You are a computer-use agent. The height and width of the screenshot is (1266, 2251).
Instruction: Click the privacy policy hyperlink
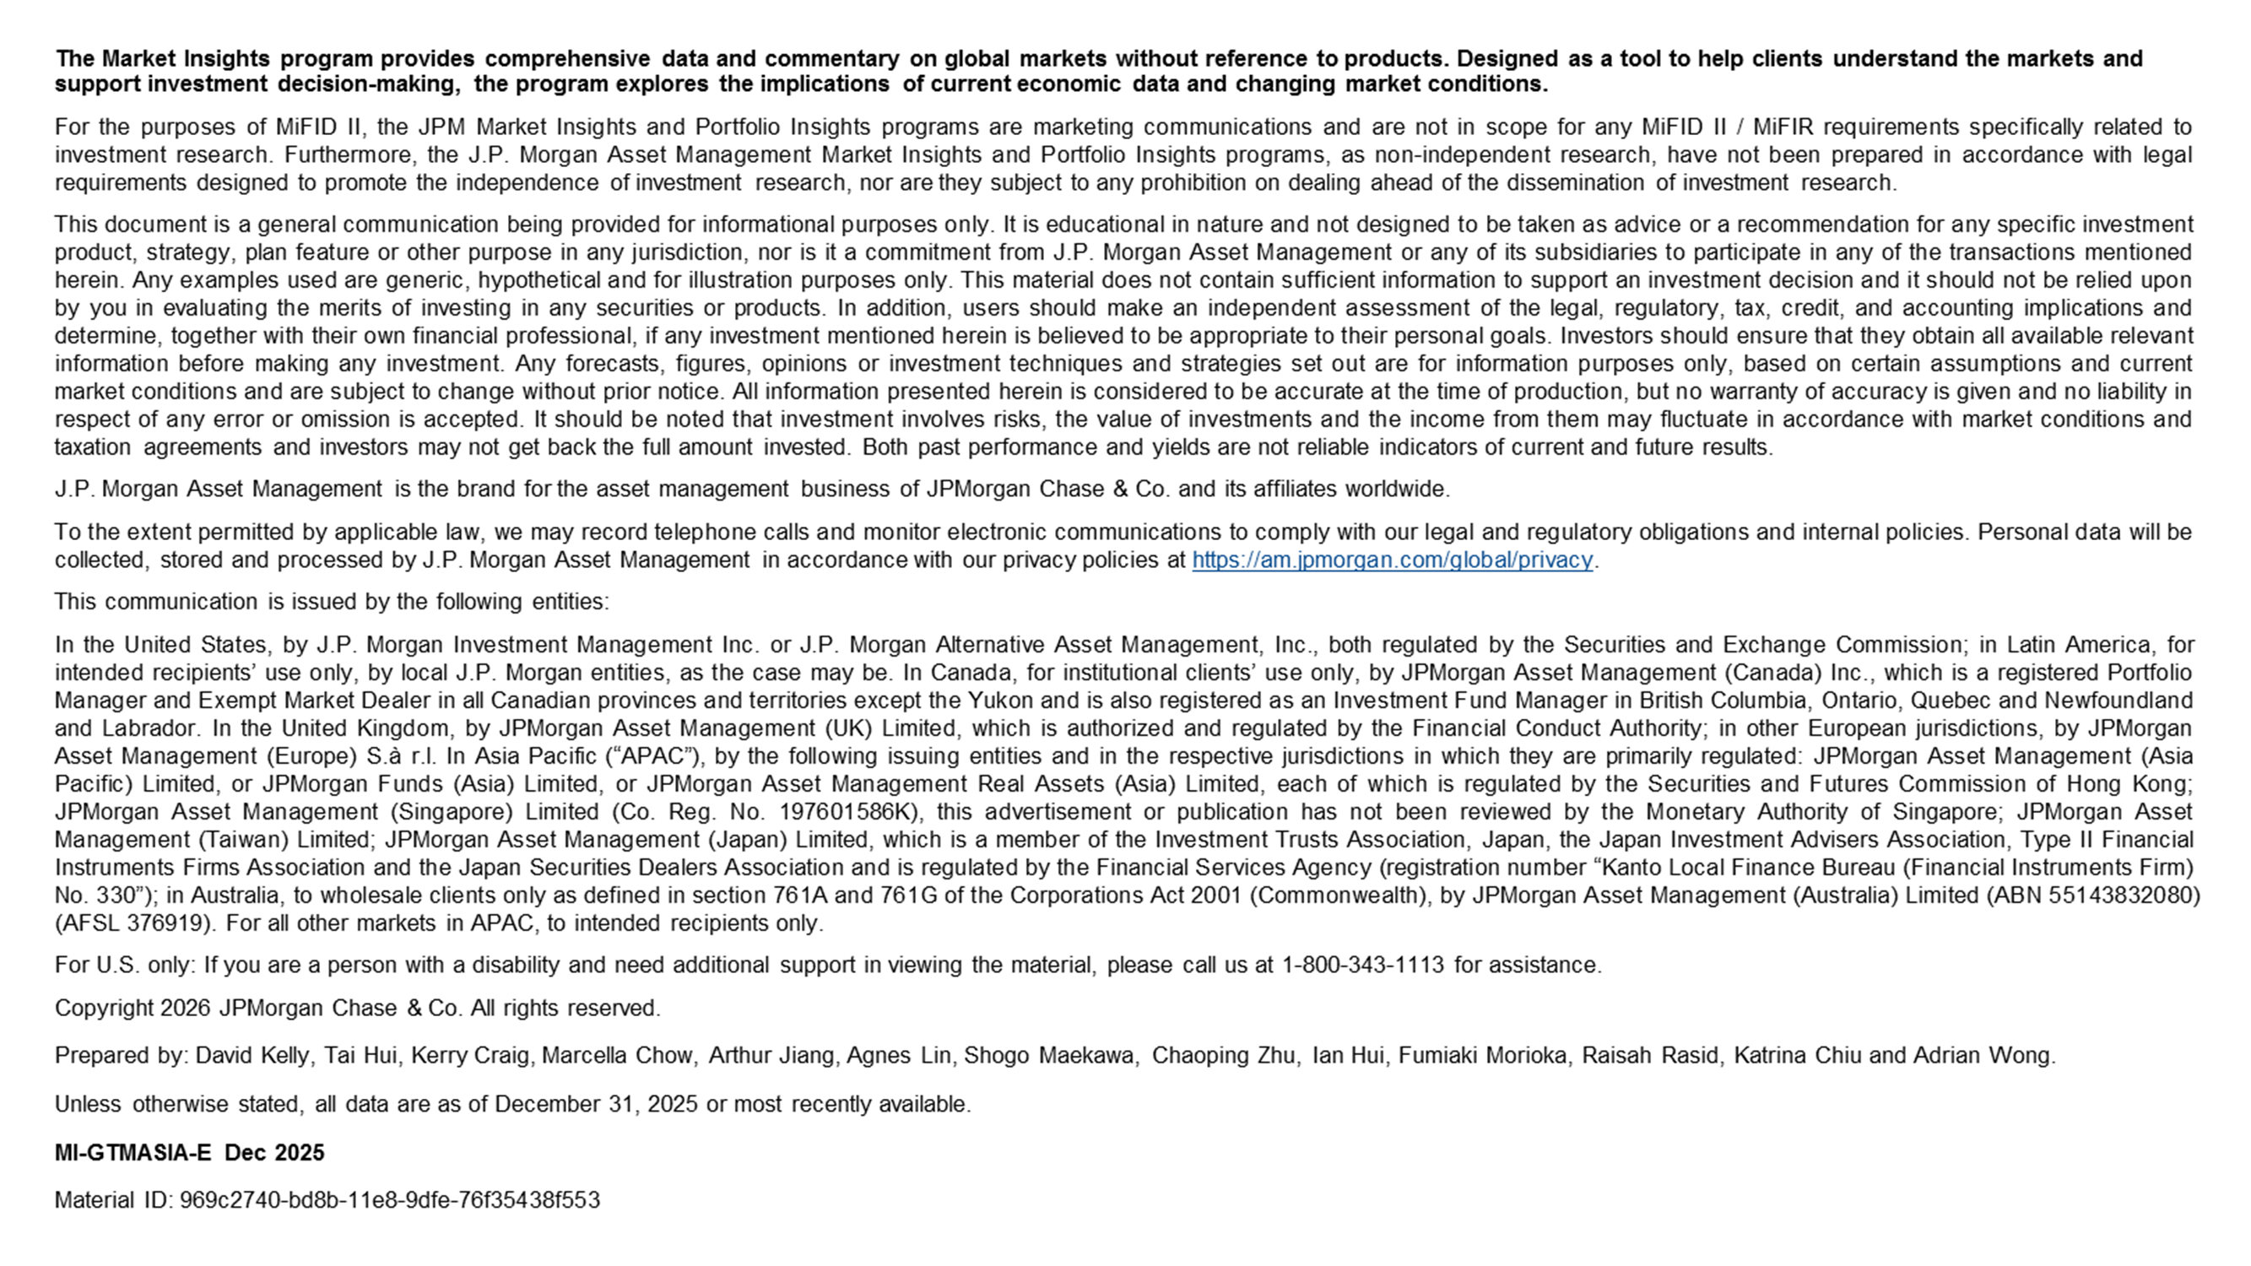1392,560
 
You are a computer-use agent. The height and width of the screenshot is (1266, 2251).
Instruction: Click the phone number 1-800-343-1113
1362,966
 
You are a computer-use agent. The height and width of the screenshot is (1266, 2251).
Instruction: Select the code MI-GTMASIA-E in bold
133,1153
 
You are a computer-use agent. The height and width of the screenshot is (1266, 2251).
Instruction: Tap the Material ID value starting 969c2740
390,1200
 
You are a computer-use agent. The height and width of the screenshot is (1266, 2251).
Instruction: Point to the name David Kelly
252,1057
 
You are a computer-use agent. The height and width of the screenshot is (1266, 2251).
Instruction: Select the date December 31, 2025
596,1104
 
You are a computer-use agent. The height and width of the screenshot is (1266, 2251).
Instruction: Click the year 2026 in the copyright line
185,1009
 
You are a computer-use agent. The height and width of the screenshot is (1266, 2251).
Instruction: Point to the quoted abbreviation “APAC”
649,756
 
